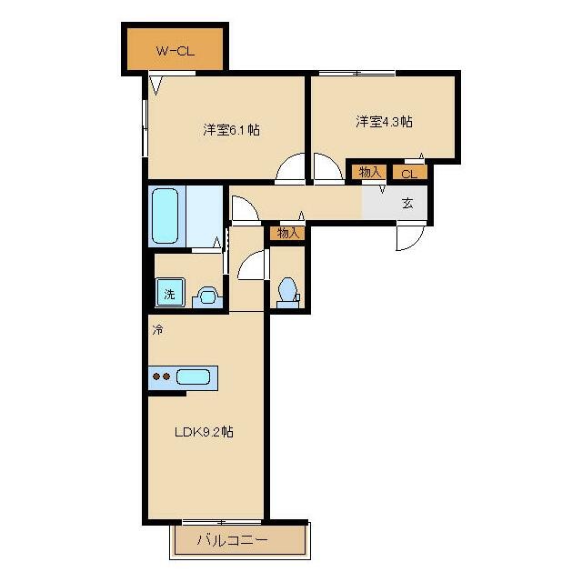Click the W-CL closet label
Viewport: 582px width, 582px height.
176,51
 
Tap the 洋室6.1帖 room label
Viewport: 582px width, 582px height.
231,129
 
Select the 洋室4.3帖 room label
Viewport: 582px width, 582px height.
384,121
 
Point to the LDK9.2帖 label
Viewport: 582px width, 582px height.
204,432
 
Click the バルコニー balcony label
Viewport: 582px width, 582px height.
233,539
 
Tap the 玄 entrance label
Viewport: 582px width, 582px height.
407,203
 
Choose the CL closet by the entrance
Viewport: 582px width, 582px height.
409,174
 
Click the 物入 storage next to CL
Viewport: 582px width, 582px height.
370,172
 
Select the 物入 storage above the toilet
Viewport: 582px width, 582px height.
288,233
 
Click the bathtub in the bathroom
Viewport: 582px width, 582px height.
166,216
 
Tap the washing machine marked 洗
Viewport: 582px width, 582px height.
170,293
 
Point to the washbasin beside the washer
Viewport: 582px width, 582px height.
207,296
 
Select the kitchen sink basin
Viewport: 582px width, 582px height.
193,377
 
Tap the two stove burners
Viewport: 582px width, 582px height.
162,376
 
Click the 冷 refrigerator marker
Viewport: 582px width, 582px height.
157,329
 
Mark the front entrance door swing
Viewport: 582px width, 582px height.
410,237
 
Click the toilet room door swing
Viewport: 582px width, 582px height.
253,265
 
